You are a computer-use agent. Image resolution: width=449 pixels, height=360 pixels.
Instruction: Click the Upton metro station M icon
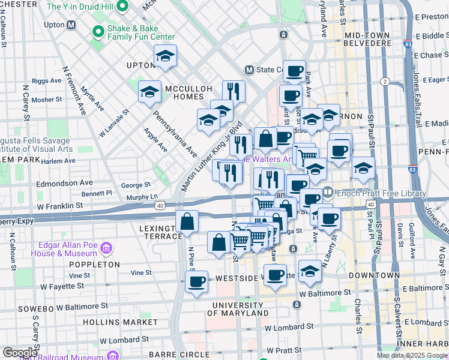point(71,25)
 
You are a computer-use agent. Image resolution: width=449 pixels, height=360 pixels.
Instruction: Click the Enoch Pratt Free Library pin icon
point(328,193)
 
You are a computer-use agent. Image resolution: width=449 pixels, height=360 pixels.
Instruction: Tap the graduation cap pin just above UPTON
point(165,56)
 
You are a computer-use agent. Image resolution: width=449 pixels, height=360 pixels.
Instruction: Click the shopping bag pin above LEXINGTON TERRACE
point(187,221)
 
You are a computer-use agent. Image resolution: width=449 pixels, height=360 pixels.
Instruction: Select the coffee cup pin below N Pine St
point(196,281)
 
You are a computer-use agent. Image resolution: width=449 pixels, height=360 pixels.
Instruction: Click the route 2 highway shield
point(385,81)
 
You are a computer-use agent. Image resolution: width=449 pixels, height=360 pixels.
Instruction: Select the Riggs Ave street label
point(47,80)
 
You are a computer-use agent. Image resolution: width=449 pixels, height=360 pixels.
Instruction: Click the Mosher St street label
point(47,100)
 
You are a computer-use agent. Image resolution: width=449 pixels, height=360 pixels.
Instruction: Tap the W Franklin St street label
point(59,205)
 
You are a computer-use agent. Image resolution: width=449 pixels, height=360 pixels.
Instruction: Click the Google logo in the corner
point(20,353)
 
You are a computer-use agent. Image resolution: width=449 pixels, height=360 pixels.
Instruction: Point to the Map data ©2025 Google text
point(411,355)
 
